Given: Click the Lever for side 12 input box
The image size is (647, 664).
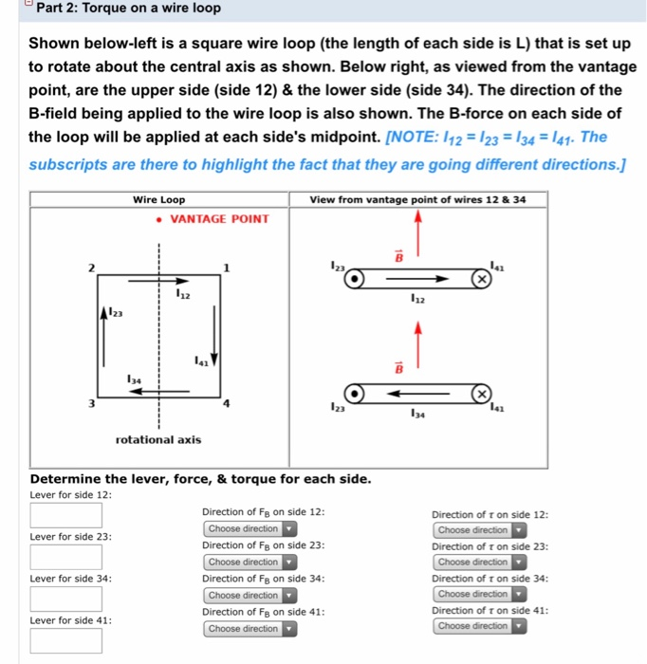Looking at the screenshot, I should [x=65, y=514].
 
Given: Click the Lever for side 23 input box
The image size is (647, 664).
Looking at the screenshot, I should [x=65, y=557].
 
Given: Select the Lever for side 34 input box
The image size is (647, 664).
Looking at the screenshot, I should [x=65, y=599].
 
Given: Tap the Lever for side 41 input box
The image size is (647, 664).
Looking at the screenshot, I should [x=65, y=640].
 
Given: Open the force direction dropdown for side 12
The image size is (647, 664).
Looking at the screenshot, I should [x=250, y=529].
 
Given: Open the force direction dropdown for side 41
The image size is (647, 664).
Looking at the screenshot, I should [x=250, y=628].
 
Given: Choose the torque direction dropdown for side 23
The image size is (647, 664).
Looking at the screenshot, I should [x=480, y=563].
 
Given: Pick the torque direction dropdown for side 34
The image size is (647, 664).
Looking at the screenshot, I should [x=480, y=595].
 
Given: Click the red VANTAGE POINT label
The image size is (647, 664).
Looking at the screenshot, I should [x=219, y=219].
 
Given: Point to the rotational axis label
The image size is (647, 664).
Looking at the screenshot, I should [x=158, y=440].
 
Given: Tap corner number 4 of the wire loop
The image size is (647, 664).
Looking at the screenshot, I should [x=225, y=404].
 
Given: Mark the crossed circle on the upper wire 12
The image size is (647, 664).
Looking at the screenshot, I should [x=482, y=281].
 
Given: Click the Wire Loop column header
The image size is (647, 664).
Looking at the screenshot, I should [x=158, y=200].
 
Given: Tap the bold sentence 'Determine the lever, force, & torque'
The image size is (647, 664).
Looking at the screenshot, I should [x=200, y=478].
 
